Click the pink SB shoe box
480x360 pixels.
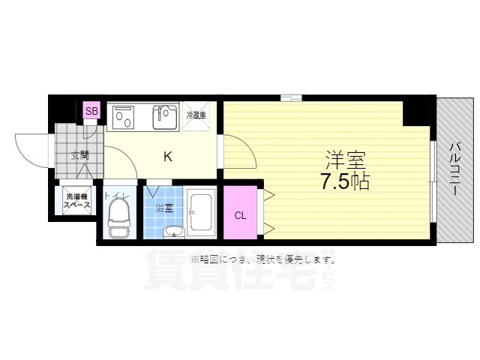91,112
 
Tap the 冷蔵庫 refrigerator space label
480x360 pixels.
196,115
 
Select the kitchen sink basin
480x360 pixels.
164,116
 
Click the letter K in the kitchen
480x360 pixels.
168,157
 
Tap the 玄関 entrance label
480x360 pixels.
79,156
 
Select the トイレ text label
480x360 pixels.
117,196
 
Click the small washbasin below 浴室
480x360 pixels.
174,231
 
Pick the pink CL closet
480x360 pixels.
240,215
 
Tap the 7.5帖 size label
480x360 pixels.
344,181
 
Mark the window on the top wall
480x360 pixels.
291,97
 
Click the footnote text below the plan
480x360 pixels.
262,259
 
